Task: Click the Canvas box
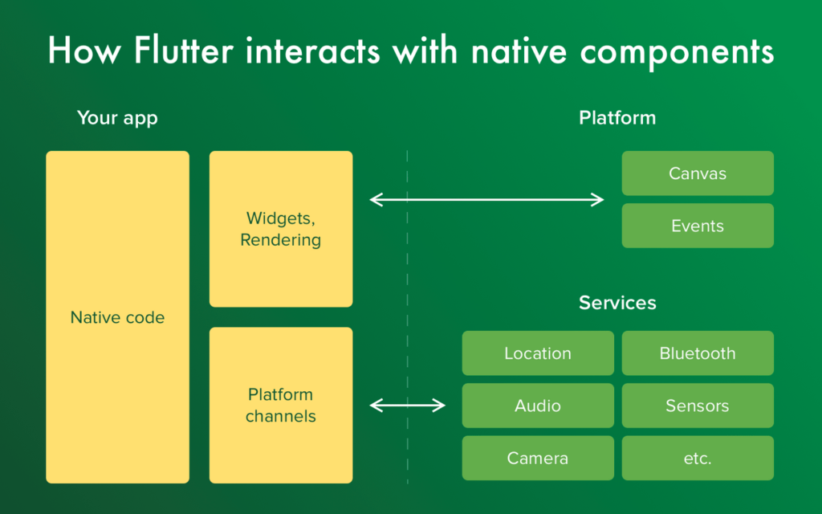[x=698, y=173]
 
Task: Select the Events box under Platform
[x=698, y=226]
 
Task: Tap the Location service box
[x=538, y=353]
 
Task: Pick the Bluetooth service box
[x=698, y=353]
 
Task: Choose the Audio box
[x=538, y=406]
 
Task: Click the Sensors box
[x=698, y=406]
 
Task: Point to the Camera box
[x=538, y=459]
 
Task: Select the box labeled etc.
[x=698, y=459]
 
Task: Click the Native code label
[x=117, y=317]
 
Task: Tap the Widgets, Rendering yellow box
[x=281, y=229]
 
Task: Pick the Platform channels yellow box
[x=281, y=405]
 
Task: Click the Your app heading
[x=117, y=118]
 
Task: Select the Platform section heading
[x=617, y=118]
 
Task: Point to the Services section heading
[x=617, y=303]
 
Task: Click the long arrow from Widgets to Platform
[x=486, y=199]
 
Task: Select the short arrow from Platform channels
[x=407, y=406]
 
